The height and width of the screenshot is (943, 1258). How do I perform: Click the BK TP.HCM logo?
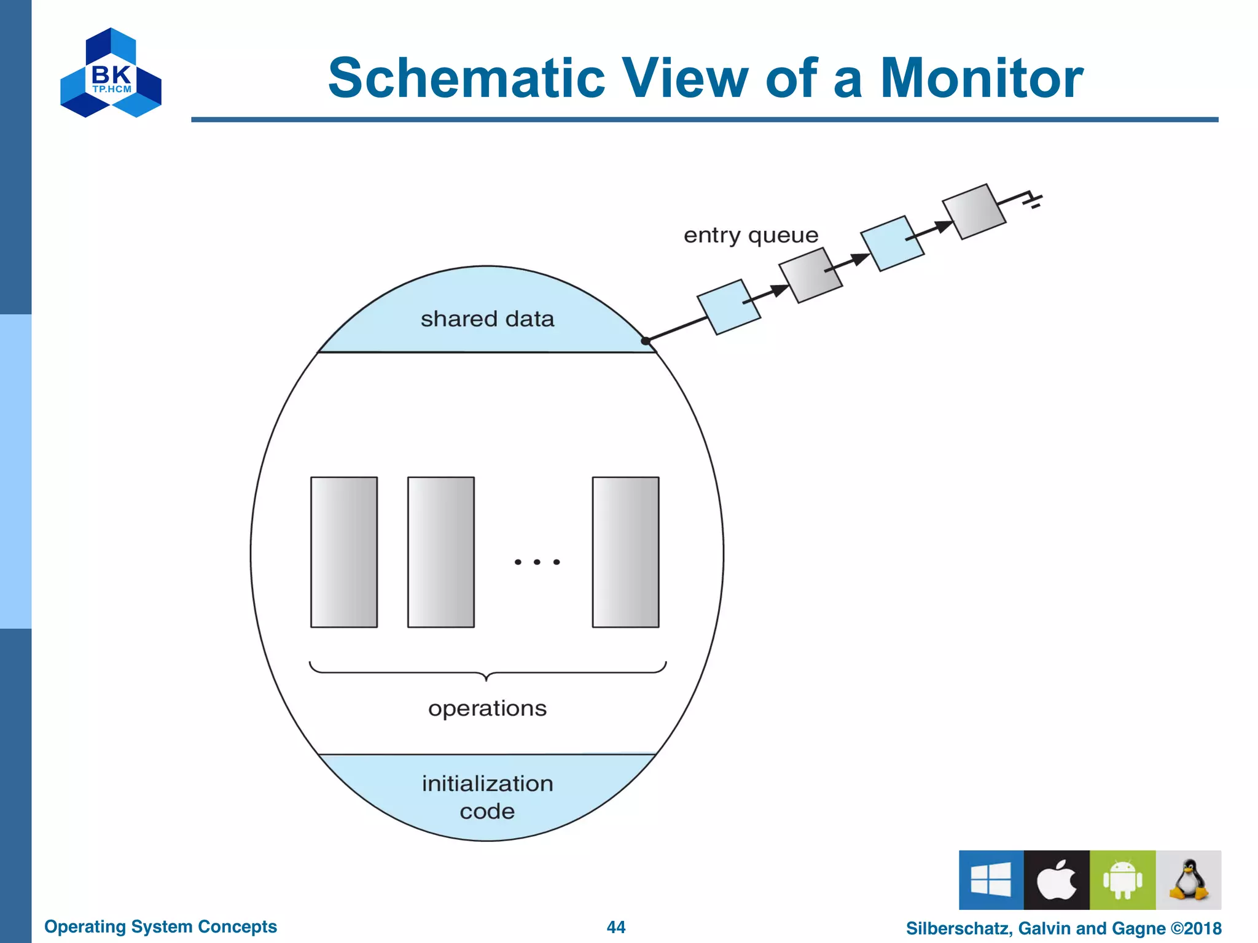click(x=111, y=73)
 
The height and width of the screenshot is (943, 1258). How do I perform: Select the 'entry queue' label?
click(x=751, y=235)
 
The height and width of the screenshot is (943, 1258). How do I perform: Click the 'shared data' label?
click(x=487, y=319)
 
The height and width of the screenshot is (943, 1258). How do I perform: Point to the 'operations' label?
click(x=487, y=708)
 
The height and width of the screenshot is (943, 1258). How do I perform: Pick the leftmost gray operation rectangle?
click(x=344, y=552)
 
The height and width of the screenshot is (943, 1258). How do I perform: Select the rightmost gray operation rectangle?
click(x=625, y=552)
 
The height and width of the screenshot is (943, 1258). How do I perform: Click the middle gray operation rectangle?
click(x=441, y=552)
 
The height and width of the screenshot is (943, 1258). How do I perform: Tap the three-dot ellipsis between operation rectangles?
click(x=537, y=562)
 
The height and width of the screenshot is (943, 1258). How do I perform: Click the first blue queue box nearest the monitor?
click(x=729, y=307)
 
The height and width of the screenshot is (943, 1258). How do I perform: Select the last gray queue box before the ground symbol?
click(x=974, y=212)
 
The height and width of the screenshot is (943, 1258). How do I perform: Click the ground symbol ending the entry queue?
click(x=1034, y=200)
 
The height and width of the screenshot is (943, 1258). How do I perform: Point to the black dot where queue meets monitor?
click(x=646, y=341)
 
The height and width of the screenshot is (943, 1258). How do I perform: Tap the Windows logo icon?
click(x=991, y=880)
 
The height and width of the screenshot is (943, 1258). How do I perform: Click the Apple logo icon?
click(x=1057, y=880)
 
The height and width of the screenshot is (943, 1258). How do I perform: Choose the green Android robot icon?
click(x=1122, y=880)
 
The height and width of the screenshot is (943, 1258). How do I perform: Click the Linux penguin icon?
click(x=1189, y=880)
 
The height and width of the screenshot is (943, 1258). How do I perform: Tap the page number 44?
click(x=615, y=927)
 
